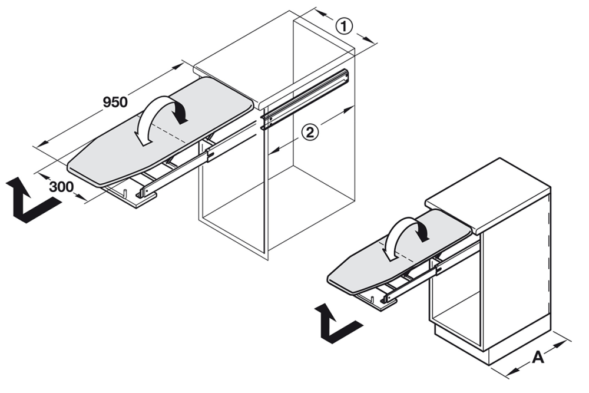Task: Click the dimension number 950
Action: pyautogui.click(x=115, y=101)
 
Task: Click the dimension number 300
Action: pyautogui.click(x=61, y=187)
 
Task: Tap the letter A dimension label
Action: pyautogui.click(x=538, y=356)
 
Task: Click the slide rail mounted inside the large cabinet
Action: pyautogui.click(x=306, y=97)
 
